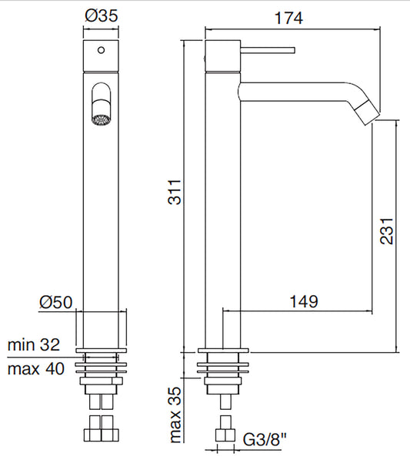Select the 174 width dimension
click(x=290, y=16)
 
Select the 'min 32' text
click(x=34, y=344)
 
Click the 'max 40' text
click(x=35, y=368)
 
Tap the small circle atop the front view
click(x=100, y=52)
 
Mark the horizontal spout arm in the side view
click(x=292, y=92)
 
